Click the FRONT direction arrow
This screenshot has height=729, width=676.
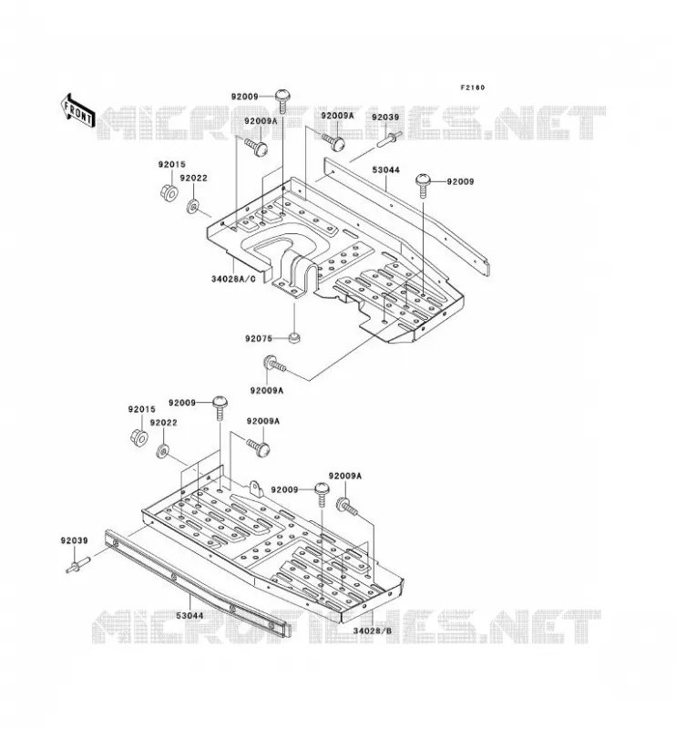pos(77,111)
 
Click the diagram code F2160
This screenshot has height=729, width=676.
pos(472,87)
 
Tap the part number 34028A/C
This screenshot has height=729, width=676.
pos(233,279)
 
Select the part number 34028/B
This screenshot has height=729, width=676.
pos(373,631)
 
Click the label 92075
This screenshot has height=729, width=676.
pos(259,338)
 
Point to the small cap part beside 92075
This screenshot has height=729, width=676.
pos(294,337)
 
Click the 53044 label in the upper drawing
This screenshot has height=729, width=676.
pos(385,170)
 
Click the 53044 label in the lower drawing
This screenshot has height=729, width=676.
pos(189,616)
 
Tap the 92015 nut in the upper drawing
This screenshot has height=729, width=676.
pos(169,192)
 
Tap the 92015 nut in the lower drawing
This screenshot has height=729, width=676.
pos(139,437)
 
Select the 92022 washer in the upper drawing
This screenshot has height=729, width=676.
pos(192,206)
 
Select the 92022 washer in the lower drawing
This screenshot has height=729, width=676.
pos(162,450)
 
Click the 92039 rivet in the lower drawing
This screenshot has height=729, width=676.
pos(77,566)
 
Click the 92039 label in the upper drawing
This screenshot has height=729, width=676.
pos(385,118)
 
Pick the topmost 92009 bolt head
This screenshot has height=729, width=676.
pos(283,97)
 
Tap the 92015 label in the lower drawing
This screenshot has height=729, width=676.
pos(142,409)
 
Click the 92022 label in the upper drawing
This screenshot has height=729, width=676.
pos(194,178)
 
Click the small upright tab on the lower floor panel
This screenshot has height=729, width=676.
pos(255,488)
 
